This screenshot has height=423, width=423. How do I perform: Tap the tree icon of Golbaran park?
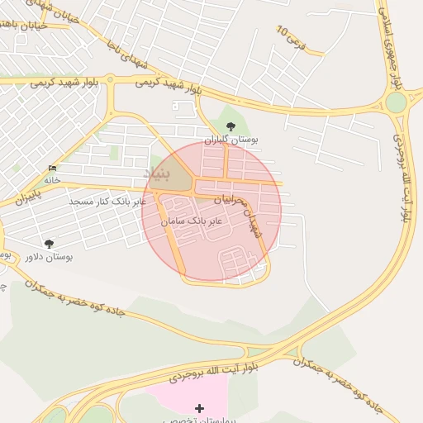point(230,126)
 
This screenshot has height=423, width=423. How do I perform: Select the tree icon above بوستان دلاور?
point(49,244)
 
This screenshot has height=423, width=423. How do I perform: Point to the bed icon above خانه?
point(53,169)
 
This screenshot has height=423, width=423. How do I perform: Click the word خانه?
point(52,179)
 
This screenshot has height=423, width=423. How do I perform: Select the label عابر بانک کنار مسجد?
point(108,201)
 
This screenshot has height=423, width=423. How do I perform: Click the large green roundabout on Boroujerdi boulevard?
point(396,102)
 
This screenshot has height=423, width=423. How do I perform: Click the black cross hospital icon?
point(199,408)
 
